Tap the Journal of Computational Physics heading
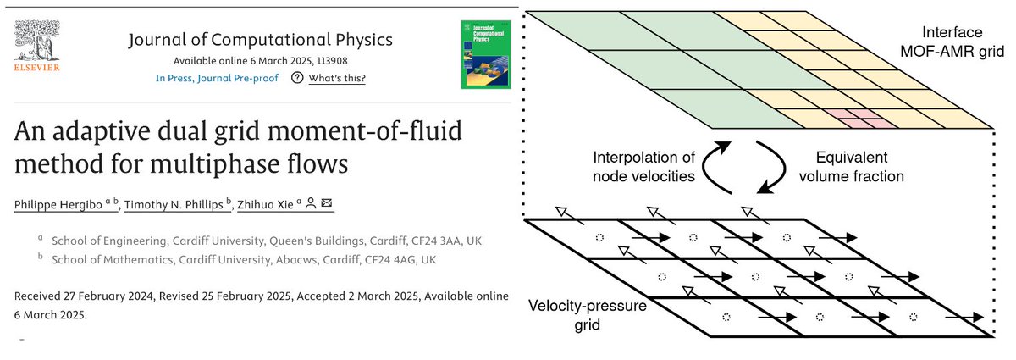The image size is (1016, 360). point(261,41)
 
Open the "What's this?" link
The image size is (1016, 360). point(337,79)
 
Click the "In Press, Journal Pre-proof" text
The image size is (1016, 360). point(218,79)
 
